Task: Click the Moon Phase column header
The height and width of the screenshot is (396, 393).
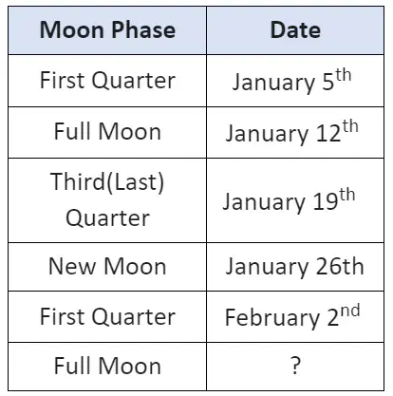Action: tap(107, 29)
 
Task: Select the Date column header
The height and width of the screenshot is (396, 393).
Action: tap(295, 29)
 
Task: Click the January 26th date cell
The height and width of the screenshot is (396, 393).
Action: tap(294, 267)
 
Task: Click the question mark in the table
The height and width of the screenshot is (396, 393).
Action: tap(295, 366)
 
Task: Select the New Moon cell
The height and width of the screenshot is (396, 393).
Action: tap(107, 266)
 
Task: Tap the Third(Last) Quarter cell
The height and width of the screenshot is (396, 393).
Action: tap(107, 199)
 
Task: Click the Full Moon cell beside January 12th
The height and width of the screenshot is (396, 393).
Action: tap(107, 131)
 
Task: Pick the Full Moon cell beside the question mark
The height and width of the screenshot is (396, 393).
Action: tap(107, 366)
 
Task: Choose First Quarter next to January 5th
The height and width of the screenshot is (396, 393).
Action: tap(107, 80)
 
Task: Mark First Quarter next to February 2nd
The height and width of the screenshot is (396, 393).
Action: tap(107, 316)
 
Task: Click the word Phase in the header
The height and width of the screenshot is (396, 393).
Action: tap(143, 29)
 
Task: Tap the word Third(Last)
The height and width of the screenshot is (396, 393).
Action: tap(107, 182)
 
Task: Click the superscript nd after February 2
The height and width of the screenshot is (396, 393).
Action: tap(350, 311)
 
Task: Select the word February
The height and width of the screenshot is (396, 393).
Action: tap(272, 317)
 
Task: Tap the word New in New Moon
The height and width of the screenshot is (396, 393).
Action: tap(72, 266)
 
